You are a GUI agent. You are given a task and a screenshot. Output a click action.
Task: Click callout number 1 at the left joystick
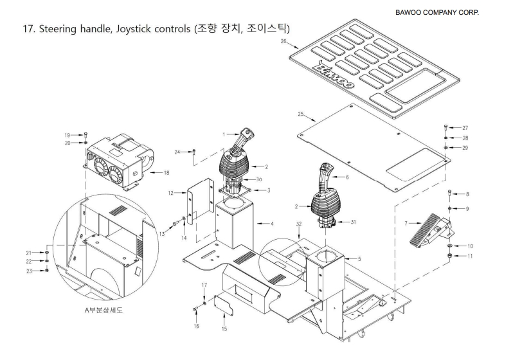point(223,134)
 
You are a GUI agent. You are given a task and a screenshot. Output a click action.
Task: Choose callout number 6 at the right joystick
point(346,176)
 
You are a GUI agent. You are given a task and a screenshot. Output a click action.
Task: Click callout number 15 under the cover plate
point(224,328)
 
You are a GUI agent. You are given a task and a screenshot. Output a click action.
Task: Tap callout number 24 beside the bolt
point(177,152)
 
